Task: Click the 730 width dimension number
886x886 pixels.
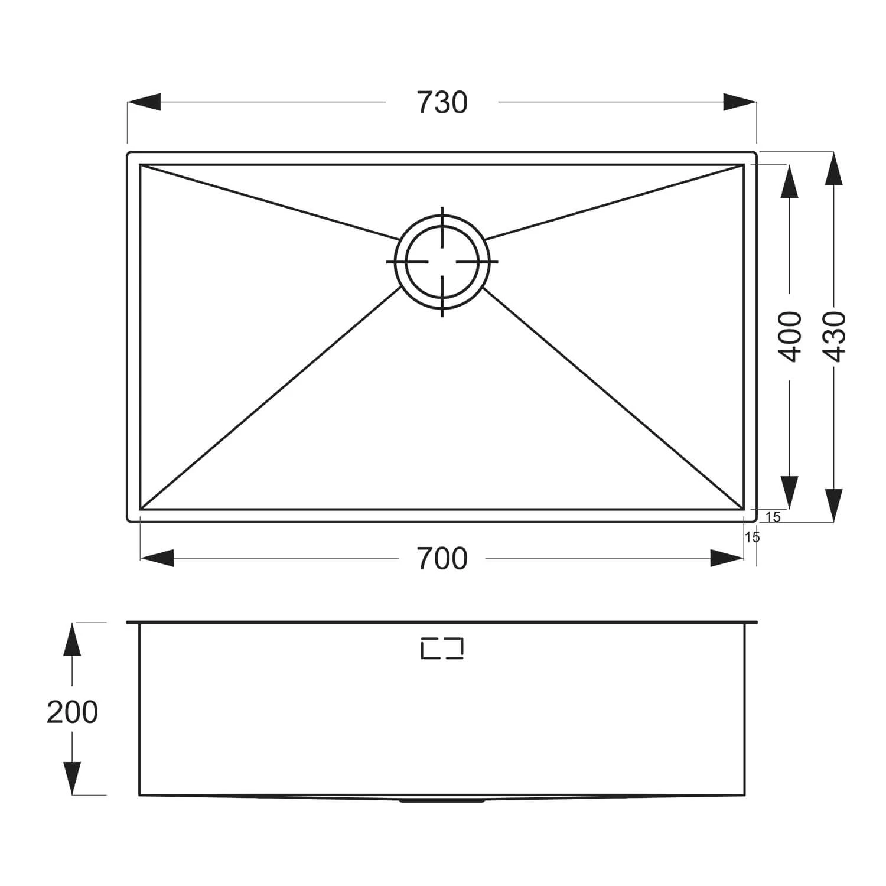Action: click(442, 102)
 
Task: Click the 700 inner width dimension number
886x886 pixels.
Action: click(442, 559)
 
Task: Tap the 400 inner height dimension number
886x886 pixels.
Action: click(790, 336)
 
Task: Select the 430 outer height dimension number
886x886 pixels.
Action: click(833, 336)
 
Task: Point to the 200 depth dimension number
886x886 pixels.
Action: click(72, 712)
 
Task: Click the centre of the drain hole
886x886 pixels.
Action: click(442, 262)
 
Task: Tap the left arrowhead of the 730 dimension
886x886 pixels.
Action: click(144, 102)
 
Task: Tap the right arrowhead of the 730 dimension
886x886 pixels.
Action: click(740, 102)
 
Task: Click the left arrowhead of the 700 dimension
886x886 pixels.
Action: click(157, 558)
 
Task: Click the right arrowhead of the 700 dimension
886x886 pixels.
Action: click(727, 558)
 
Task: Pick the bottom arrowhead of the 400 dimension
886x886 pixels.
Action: click(790, 493)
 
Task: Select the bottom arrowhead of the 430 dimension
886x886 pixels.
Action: click(833, 506)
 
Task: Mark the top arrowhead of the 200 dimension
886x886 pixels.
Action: click(72, 639)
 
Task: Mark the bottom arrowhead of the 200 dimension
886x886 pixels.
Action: click(72, 778)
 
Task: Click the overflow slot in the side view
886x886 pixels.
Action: click(442, 649)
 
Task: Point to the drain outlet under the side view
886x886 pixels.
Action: click(442, 800)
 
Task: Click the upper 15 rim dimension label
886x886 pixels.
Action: click(773, 517)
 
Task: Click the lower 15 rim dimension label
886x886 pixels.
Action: click(753, 538)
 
